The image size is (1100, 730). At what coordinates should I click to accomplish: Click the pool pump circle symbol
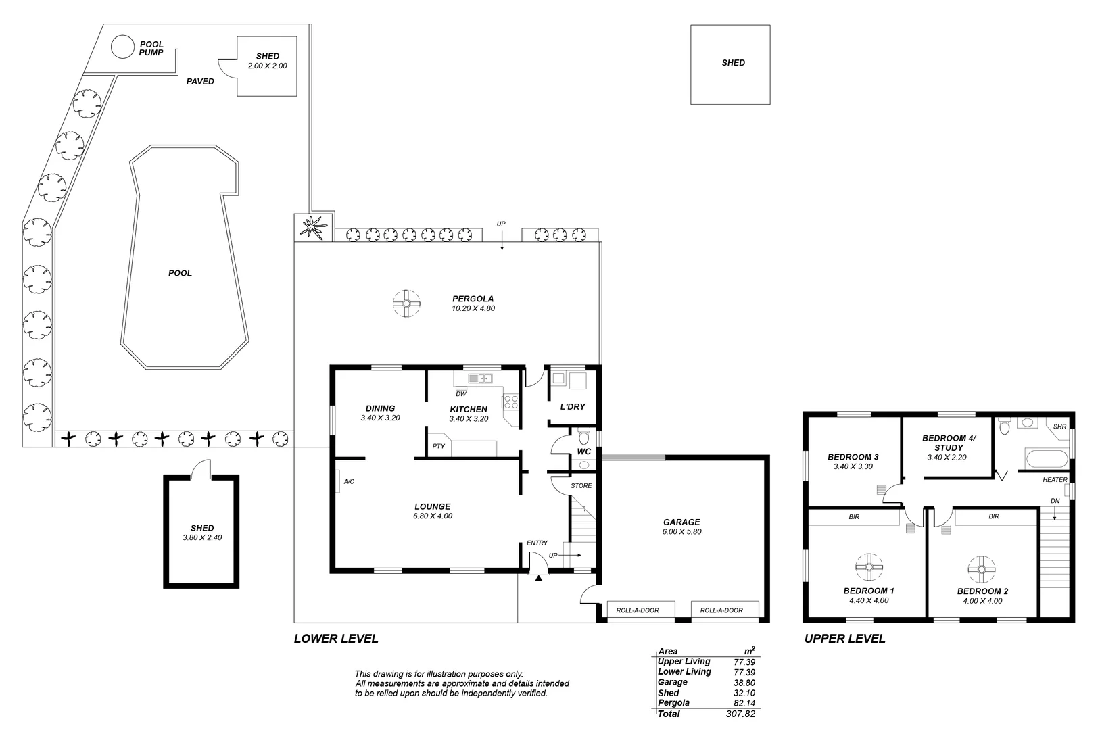122,47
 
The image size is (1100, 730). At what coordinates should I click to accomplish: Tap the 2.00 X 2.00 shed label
267,66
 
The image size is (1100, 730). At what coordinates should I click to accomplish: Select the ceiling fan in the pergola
406,303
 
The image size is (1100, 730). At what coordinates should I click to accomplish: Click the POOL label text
180,274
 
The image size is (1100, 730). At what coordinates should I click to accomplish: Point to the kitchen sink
482,379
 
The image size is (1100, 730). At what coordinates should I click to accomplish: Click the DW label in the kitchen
460,394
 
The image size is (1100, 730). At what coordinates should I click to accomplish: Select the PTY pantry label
439,446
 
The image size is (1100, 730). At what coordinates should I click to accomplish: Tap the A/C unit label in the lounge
349,482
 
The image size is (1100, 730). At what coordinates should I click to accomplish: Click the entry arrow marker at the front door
538,578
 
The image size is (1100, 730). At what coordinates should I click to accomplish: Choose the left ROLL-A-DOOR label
637,610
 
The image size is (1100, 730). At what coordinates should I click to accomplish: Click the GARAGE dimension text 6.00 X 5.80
681,532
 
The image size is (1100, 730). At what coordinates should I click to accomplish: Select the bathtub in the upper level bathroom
1047,460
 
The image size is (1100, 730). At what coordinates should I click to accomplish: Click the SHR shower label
1059,427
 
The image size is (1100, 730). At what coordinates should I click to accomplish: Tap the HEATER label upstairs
1055,480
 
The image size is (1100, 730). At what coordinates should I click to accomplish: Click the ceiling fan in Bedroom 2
980,569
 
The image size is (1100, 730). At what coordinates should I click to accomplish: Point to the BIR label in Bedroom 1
854,517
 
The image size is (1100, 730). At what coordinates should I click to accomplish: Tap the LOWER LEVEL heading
336,639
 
